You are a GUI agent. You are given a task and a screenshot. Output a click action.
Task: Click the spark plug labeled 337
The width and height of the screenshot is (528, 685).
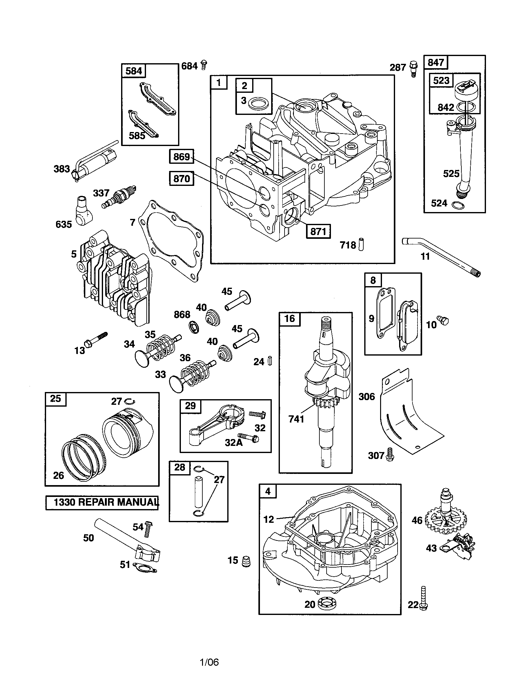tap(119, 197)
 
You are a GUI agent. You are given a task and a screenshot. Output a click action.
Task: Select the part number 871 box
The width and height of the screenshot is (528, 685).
tap(318, 231)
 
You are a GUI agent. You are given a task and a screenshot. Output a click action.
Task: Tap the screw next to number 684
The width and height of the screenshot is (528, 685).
tap(204, 65)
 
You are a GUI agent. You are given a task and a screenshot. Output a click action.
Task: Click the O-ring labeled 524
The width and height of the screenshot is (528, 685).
tap(458, 205)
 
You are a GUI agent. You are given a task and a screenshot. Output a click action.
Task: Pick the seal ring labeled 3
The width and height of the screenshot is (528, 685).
tap(257, 102)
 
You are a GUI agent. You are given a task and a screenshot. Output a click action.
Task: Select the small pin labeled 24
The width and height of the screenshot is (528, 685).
tap(270, 361)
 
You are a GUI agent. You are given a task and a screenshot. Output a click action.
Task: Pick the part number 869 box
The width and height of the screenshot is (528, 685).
tap(181, 156)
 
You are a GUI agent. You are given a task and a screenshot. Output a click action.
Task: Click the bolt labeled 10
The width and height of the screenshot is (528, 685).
tap(444, 320)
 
